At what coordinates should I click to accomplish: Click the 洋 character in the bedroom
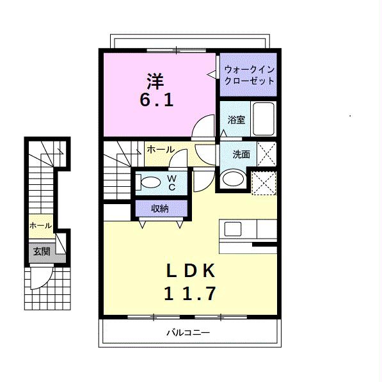(x=155, y=81)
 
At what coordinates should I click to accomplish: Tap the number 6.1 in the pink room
(x=157, y=100)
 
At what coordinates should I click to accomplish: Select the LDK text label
(x=191, y=271)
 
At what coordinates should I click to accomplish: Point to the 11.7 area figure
(x=190, y=294)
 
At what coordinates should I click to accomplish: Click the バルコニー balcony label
(x=188, y=333)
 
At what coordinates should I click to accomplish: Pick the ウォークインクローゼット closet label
(x=249, y=76)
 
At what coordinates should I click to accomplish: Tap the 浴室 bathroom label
(x=236, y=120)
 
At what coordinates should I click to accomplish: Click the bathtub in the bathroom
(x=264, y=118)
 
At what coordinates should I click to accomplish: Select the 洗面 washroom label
(x=241, y=154)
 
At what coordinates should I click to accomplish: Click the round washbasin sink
(x=233, y=179)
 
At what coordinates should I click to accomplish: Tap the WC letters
(x=172, y=183)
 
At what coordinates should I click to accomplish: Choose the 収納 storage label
(x=160, y=209)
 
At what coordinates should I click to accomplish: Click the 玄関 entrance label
(x=42, y=251)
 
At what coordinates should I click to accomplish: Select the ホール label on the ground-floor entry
(x=41, y=226)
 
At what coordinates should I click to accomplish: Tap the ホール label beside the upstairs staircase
(x=161, y=149)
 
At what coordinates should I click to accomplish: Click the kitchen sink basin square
(x=233, y=229)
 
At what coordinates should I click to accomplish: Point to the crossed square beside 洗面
(x=266, y=154)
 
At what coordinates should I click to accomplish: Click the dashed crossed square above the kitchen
(x=264, y=183)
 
